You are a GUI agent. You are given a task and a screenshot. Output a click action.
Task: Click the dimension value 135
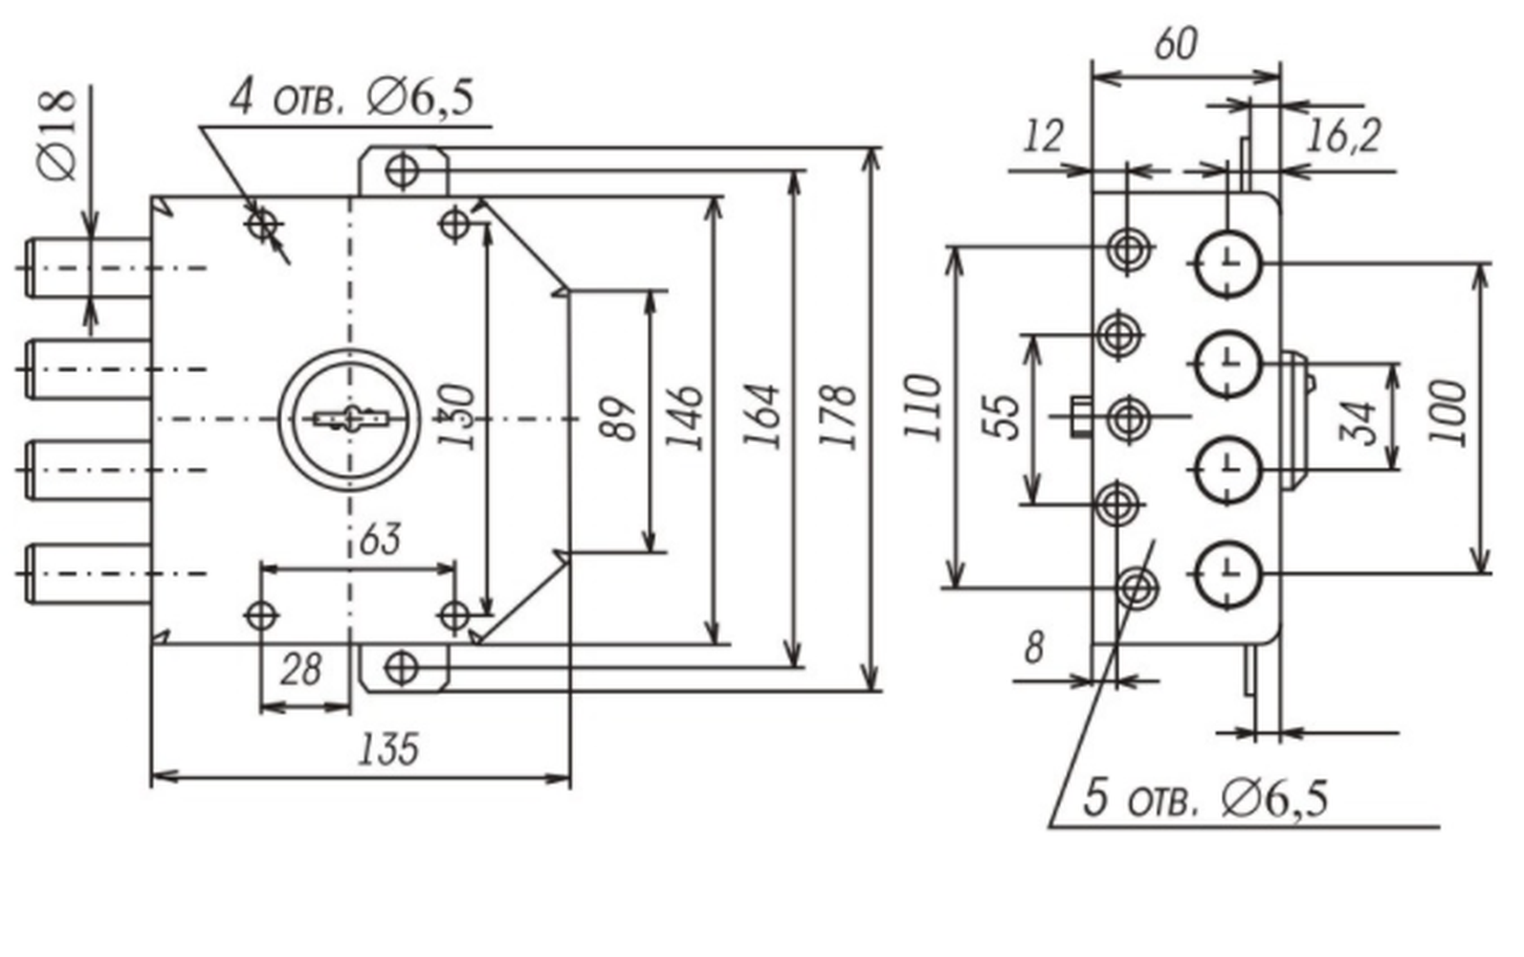pyautogui.click(x=387, y=748)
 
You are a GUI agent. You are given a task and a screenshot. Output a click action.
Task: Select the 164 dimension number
pyautogui.click(x=762, y=416)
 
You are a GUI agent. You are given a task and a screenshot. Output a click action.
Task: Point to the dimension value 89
pyautogui.click(x=619, y=418)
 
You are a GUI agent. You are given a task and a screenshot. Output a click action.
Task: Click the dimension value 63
pyautogui.click(x=380, y=540)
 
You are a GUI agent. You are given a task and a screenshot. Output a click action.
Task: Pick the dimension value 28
pyautogui.click(x=300, y=670)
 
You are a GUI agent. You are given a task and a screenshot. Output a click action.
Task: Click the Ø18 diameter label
pyautogui.click(x=58, y=135)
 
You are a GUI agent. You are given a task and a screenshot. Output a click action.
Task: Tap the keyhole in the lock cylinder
pyautogui.click(x=350, y=418)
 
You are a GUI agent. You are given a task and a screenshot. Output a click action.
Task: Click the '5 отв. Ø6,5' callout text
pyautogui.click(x=1204, y=798)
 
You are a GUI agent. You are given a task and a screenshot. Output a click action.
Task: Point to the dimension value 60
pyautogui.click(x=1175, y=45)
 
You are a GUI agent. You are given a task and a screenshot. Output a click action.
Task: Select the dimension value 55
pyautogui.click(x=1003, y=417)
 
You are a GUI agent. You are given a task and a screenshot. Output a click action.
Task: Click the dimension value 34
pyautogui.click(x=1357, y=423)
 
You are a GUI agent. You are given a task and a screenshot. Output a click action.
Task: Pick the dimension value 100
pyautogui.click(x=1447, y=413)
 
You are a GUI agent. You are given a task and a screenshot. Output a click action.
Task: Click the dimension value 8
pyautogui.click(x=1034, y=647)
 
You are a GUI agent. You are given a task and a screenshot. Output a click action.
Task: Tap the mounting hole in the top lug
pyautogui.click(x=402, y=170)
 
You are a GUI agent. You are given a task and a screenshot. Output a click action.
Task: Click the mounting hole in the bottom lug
pyautogui.click(x=402, y=668)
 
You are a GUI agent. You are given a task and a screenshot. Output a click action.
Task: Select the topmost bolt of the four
pyautogui.click(x=88, y=268)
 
